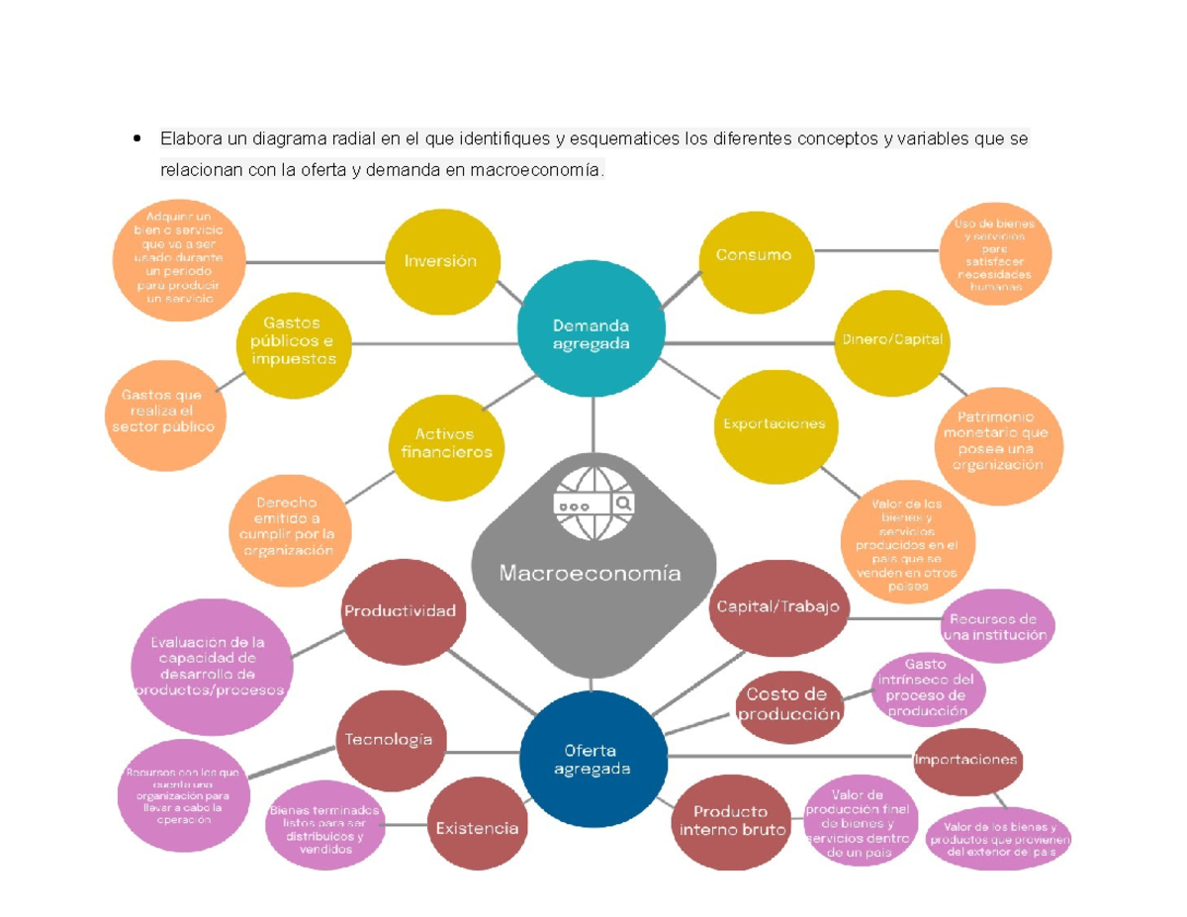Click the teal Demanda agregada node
592,334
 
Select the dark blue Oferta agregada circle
592,760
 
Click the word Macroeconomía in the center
590,573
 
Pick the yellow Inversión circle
440,261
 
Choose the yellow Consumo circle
754,255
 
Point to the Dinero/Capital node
892,339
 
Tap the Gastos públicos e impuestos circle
293,341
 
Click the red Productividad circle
400,610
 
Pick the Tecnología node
389,740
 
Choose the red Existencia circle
477,828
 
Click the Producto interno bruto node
732,821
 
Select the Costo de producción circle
788,703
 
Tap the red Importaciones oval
965,761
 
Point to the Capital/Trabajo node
777,606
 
